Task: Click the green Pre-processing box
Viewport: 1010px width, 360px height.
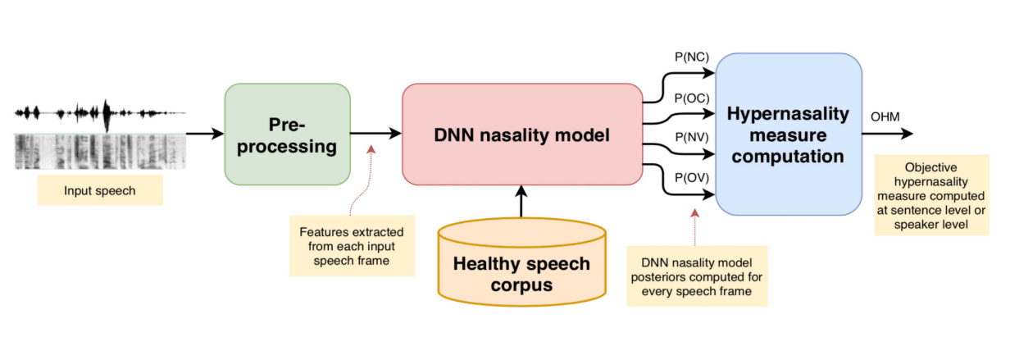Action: coord(287,134)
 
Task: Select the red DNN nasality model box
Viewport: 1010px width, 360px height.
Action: coord(521,134)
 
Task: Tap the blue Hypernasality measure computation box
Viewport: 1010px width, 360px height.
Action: coord(788,134)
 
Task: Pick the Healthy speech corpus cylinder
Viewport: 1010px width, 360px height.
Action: coord(521,262)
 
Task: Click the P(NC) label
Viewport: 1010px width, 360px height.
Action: coord(690,57)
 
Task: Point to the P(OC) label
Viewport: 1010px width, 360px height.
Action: coord(690,98)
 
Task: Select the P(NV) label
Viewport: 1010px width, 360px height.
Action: coord(690,137)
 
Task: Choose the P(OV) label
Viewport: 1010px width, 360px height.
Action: coord(690,177)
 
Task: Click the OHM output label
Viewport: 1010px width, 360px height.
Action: coord(885,116)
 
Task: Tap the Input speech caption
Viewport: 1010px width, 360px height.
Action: coord(100,191)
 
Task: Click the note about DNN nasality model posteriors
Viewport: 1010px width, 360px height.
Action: coord(697,276)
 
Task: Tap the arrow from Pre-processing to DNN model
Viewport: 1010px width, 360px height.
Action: coord(375,134)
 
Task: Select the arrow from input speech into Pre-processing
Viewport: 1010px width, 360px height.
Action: coord(205,134)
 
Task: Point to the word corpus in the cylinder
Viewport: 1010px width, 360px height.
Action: coord(521,286)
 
